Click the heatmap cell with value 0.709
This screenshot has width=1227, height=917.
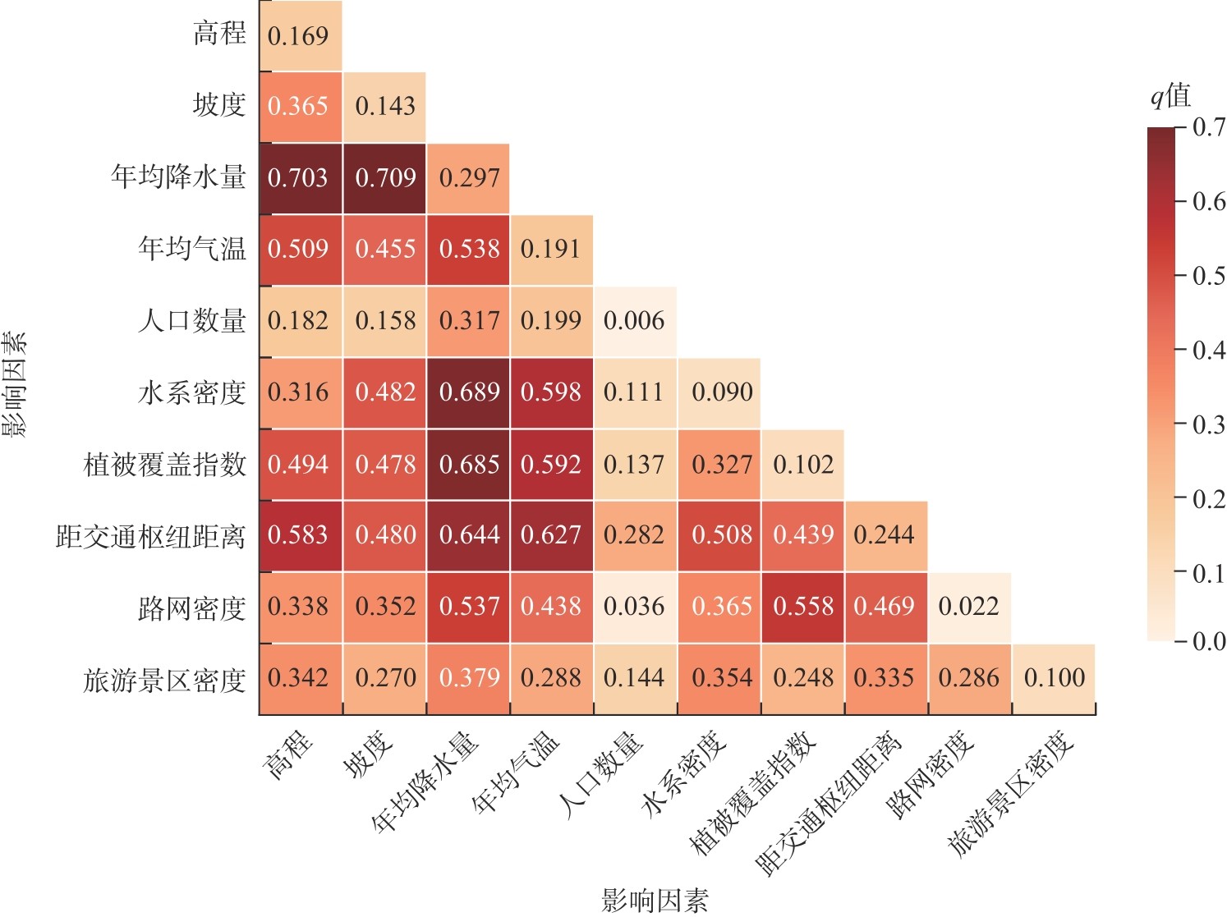pos(385,178)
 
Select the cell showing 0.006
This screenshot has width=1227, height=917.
pos(634,321)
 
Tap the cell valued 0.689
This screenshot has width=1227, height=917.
pos(469,392)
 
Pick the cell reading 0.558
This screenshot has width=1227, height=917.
pos(803,607)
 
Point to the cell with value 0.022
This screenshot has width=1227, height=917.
pos(969,607)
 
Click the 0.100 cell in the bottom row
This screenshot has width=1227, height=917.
pos(1054,678)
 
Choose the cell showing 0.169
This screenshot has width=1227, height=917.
pos(298,36)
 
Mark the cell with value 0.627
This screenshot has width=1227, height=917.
pos(551,535)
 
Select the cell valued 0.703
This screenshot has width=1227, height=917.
pos(298,178)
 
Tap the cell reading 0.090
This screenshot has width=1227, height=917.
pos(722,392)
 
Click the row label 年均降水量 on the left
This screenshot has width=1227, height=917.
pos(179,177)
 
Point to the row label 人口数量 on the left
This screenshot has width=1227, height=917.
pos(192,320)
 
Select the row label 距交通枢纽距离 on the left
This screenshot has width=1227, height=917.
pos(151,536)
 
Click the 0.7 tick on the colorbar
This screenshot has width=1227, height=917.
pos(1208,127)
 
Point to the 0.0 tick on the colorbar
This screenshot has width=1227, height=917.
pos(1208,641)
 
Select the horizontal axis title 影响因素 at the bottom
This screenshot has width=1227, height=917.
pos(654,901)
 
